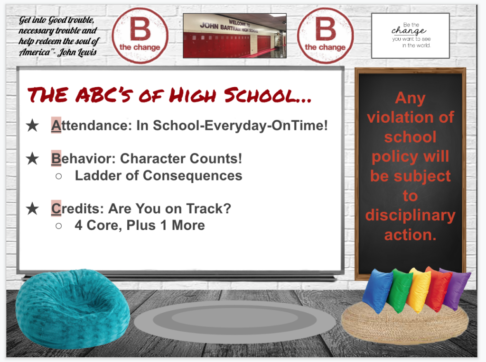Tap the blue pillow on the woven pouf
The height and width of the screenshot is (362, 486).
coord(377,290)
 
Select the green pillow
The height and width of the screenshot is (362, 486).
coord(399,290)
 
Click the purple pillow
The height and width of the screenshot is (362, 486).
coord(456,287)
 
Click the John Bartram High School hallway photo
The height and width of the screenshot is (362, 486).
coord(234,36)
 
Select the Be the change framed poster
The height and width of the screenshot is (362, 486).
coord(410,36)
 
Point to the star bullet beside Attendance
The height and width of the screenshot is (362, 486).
coord(32,127)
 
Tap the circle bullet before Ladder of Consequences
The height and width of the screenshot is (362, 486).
coord(59,176)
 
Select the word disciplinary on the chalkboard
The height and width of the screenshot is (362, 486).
coord(410,215)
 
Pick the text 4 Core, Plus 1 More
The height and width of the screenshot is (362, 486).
coord(140,225)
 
